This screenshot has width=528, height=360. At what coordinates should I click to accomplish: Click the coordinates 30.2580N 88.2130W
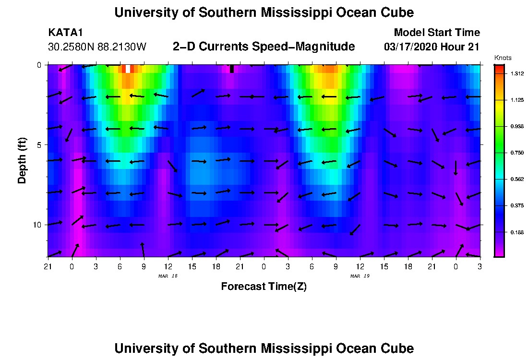(x=97, y=47)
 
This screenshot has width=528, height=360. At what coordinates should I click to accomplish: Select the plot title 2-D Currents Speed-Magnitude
(x=264, y=47)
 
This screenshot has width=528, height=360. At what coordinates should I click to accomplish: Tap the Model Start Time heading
(x=436, y=33)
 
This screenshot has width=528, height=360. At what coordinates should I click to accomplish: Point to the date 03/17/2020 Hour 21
(x=432, y=47)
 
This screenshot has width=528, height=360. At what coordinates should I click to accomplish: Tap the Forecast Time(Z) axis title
(x=264, y=287)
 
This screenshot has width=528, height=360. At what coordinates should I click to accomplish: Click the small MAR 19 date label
(x=360, y=276)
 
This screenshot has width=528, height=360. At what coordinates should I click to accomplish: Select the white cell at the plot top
(x=128, y=69)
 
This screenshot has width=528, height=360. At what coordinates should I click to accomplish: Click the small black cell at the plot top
(x=232, y=69)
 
